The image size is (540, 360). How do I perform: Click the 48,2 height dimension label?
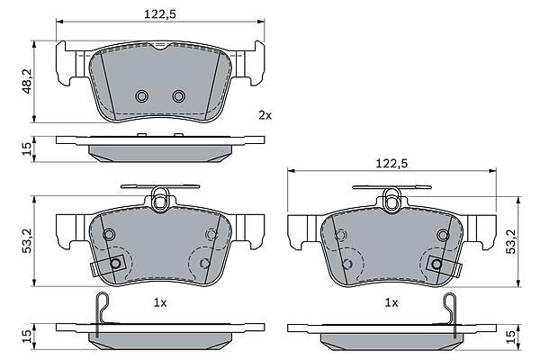click(x=27, y=81)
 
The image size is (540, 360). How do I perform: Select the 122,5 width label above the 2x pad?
click(x=160, y=14)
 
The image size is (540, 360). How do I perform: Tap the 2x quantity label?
click(x=265, y=115)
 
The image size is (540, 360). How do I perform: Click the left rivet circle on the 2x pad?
click(x=141, y=96)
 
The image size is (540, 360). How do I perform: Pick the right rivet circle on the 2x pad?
click(x=179, y=96)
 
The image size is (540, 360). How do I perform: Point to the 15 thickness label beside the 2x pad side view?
click(x=27, y=148)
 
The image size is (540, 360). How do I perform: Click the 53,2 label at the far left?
click(x=27, y=240)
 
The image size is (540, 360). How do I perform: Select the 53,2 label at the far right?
click(x=510, y=241)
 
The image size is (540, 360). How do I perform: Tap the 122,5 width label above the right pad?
click(x=391, y=163)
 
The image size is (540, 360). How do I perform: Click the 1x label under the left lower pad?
click(x=160, y=302)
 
